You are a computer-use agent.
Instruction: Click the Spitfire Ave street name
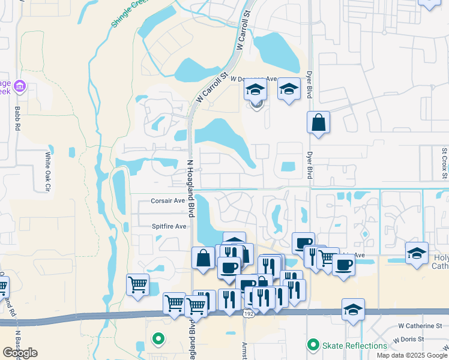tap(169, 226)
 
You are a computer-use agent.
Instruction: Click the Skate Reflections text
tap(355, 346)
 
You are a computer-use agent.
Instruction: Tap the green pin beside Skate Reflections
tap(312, 345)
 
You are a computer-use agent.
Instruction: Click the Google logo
tap(20, 353)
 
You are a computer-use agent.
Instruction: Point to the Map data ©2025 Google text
tap(412, 355)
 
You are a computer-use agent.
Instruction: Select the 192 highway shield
tap(249, 313)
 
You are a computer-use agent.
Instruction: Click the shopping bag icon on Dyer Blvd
tap(318, 122)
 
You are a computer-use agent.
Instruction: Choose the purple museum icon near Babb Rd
tap(20, 88)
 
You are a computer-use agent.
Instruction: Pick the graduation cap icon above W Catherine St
tap(353, 310)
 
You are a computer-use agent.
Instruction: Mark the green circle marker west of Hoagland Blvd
tap(158, 339)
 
